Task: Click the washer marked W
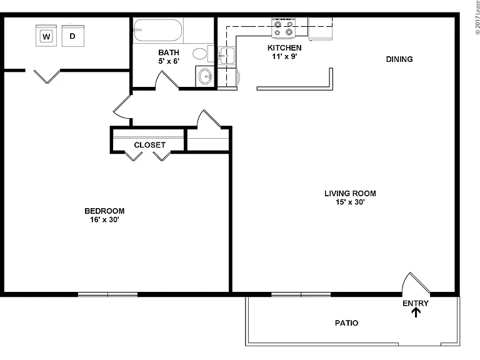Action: point(46,36)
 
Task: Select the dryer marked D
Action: point(73,36)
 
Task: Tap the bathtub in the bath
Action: point(157,30)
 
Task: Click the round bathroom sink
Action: point(205,76)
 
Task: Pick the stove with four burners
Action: point(284,28)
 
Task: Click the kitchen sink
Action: point(227,56)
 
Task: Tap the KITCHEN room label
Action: point(284,47)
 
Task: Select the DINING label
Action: point(399,59)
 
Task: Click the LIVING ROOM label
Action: point(350,194)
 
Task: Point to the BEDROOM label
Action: point(104,211)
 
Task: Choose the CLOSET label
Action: point(150,145)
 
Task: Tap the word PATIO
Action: point(346,323)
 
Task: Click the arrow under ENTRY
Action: point(416,312)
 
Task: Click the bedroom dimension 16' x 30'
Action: point(104,219)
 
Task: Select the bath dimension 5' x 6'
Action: point(169,61)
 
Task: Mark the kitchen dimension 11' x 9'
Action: point(284,56)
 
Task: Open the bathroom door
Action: point(167,79)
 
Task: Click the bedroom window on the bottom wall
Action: point(107,294)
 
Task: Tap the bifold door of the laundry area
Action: point(47,76)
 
